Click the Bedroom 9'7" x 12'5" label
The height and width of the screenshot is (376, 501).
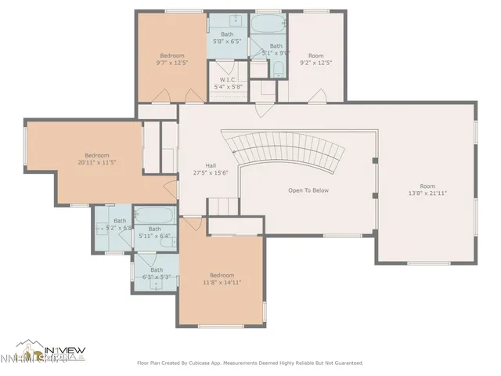tap(172, 59)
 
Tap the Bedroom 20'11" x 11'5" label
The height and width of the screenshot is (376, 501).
tap(93, 159)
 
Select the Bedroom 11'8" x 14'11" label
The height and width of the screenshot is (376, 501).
tap(219, 279)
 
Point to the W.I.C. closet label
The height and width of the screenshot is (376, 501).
tap(228, 83)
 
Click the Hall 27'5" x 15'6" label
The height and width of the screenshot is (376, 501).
tap(211, 169)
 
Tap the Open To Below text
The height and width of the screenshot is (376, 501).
tap(308, 190)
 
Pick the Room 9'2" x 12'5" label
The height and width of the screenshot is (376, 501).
tap(315, 60)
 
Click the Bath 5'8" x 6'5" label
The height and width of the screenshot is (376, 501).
tap(227, 38)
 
